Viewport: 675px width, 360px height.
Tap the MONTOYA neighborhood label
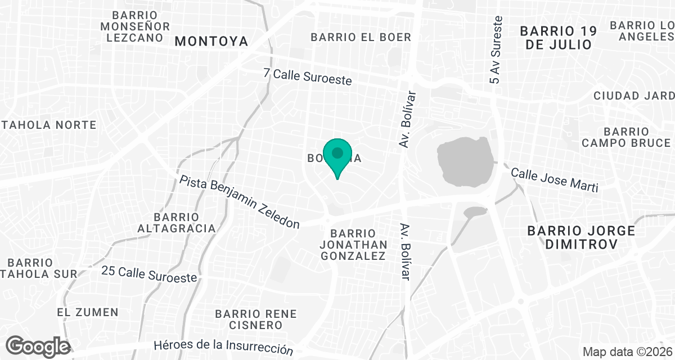[211, 41]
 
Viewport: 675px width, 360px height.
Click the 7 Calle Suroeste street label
[308, 77]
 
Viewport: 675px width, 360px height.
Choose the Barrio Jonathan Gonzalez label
[353, 245]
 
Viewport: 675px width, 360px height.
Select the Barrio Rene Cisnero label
[256, 319]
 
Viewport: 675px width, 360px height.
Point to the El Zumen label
[88, 312]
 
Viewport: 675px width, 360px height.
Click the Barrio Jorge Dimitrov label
[581, 237]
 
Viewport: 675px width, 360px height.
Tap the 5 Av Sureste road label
[496, 50]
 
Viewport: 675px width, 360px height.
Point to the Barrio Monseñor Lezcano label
[134, 26]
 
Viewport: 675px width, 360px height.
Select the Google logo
[38, 346]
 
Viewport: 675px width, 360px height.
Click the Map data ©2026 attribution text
[627, 352]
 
